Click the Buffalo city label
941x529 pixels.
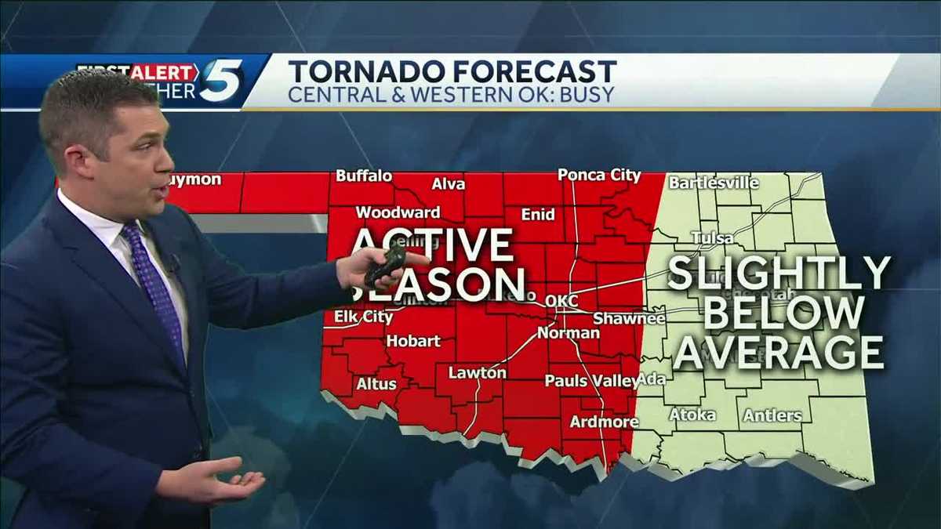(x=364, y=176)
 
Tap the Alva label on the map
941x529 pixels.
(x=449, y=184)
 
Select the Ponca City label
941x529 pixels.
(x=599, y=176)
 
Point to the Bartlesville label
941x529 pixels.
(x=714, y=183)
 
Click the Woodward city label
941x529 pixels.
(x=398, y=212)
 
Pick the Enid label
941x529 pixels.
(x=538, y=214)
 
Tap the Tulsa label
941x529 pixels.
(x=712, y=237)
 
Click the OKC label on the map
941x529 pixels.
(x=561, y=301)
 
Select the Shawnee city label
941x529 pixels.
(x=629, y=318)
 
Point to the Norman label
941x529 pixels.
(x=569, y=333)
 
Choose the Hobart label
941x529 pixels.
(x=413, y=341)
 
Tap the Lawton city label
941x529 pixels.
(x=477, y=373)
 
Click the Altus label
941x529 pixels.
(x=376, y=384)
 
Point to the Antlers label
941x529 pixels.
(x=772, y=415)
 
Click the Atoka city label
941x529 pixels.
(x=692, y=415)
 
